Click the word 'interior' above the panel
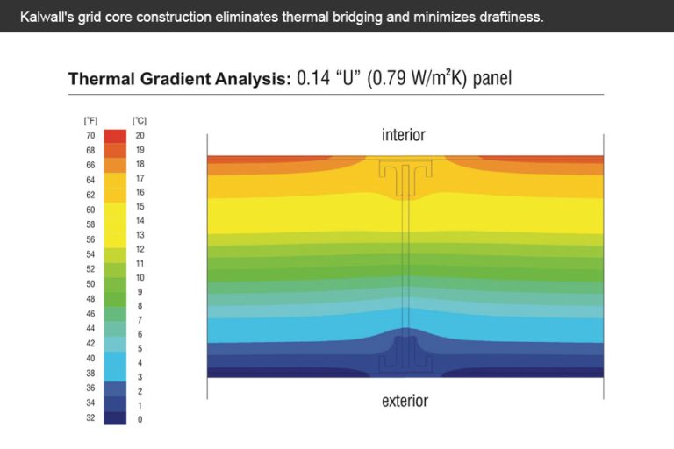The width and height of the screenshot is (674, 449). point(404,135)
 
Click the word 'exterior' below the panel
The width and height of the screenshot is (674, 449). point(405,401)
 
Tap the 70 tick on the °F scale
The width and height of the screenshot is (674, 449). point(90,136)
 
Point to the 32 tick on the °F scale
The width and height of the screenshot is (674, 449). point(90,418)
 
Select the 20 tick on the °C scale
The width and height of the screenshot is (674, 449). point(140,136)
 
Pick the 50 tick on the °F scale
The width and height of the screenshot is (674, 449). point(90,283)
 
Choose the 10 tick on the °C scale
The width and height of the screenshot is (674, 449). point(140,277)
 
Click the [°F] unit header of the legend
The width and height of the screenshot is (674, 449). point(90,120)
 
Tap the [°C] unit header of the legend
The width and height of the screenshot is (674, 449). point(139,120)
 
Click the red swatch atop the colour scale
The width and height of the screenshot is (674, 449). point(115,136)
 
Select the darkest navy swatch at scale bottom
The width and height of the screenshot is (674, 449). point(115,417)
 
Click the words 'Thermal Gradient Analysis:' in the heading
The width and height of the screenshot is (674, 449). point(179,79)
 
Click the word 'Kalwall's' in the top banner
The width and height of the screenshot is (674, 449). point(46,17)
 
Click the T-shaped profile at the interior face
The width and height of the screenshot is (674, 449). point(405,175)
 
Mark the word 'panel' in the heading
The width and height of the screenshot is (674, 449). point(491,79)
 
